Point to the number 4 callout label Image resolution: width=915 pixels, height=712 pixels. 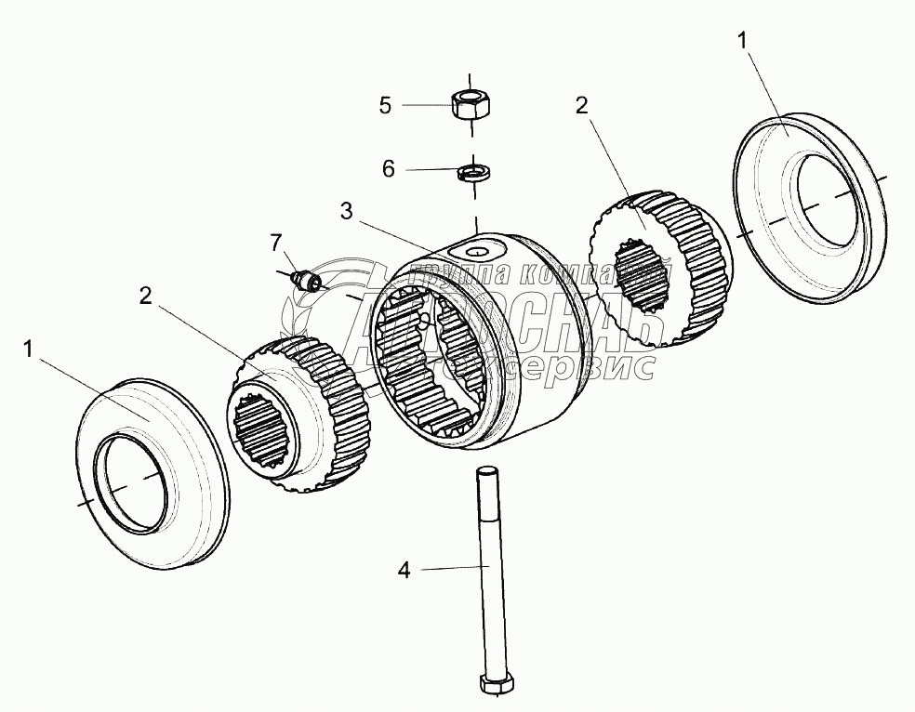click(x=404, y=570)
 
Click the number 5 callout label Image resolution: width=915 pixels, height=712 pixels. click(x=385, y=104)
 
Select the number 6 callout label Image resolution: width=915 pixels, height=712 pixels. click(x=389, y=168)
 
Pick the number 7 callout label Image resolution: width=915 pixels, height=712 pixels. click(x=274, y=243)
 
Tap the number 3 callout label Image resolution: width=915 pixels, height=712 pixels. click(x=346, y=211)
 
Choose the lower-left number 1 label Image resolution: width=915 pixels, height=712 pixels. click(x=29, y=349)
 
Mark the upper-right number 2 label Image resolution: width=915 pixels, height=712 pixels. click(x=581, y=105)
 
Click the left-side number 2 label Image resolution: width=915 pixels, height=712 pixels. click(x=145, y=296)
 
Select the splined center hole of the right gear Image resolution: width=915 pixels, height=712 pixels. click(x=650, y=279)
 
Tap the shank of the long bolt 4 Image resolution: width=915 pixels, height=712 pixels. click(x=486, y=576)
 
